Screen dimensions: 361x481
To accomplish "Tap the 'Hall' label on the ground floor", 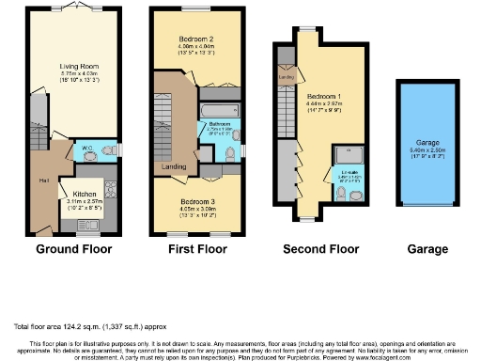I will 44,180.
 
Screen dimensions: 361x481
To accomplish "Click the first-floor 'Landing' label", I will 175,167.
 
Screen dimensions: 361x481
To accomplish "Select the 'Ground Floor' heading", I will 73,250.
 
